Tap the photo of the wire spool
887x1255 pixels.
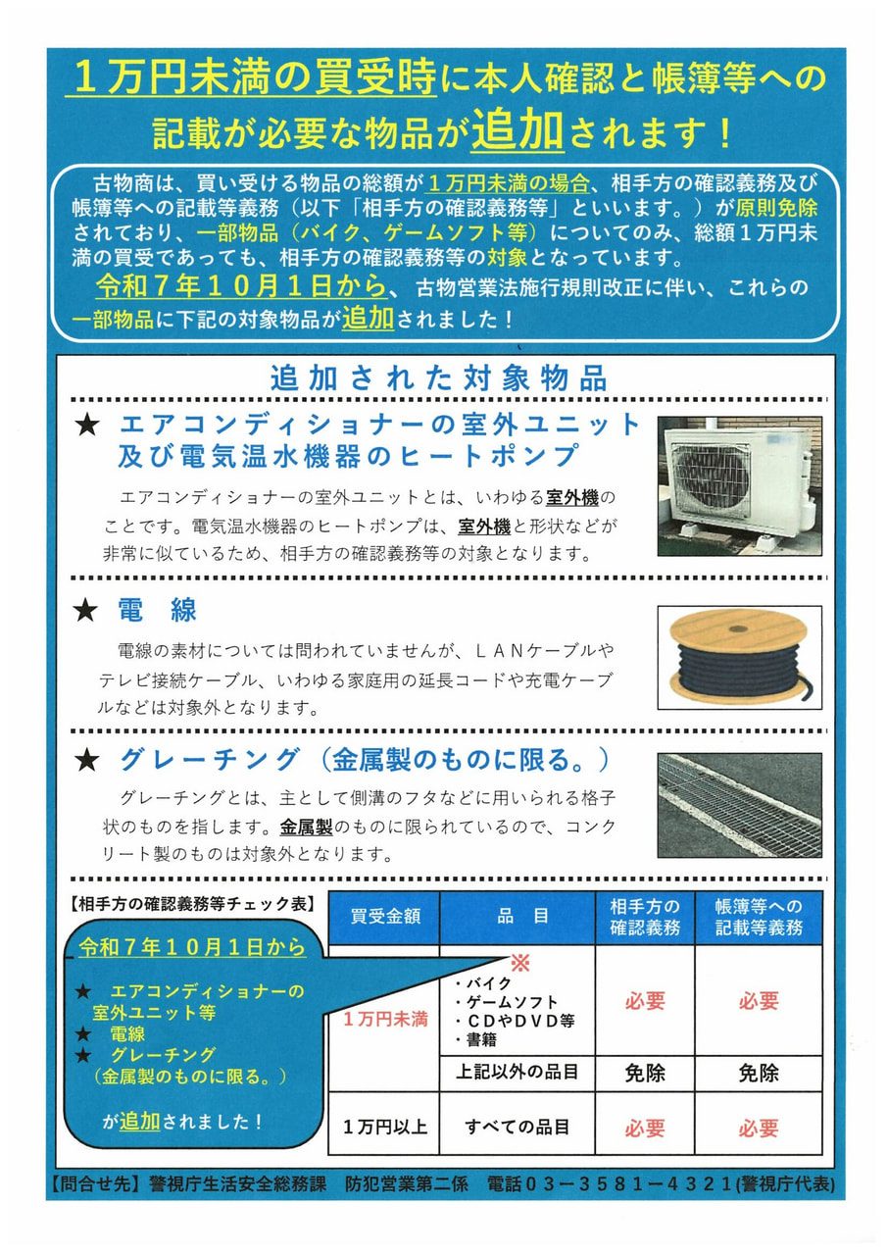739,655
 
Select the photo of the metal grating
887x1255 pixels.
739,806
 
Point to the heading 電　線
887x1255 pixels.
157,612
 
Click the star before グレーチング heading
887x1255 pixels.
87,759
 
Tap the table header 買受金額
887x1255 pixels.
385,918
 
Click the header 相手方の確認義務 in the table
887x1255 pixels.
645,918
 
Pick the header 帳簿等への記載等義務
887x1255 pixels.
759,918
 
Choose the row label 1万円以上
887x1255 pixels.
385,1128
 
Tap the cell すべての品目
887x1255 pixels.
518,1128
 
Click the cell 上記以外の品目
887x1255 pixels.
518,1073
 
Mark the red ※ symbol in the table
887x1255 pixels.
518,963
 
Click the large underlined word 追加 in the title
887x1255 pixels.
517,132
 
